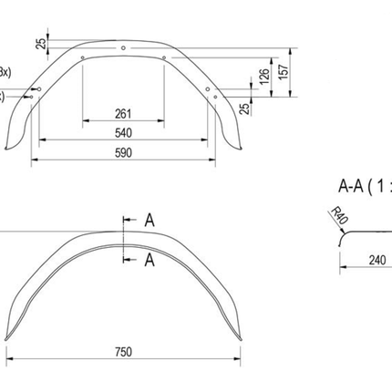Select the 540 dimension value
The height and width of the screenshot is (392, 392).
pyautogui.click(x=125, y=134)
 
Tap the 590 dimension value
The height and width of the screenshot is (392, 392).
pyautogui.click(x=125, y=153)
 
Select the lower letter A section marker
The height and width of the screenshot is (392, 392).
pyautogui.click(x=150, y=260)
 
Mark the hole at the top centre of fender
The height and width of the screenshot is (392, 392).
pyautogui.click(x=123, y=46)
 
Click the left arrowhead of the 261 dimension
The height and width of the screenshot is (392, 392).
pyautogui.click(x=85, y=121)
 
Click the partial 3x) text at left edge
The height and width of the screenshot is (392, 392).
pyautogui.click(x=5, y=72)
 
